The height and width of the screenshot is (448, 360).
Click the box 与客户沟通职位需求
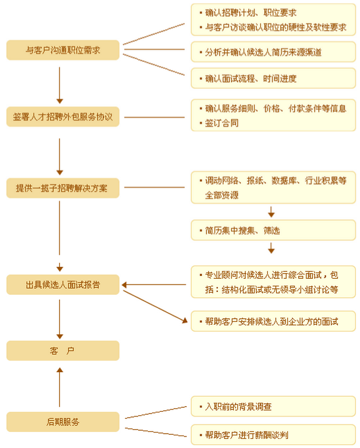tap(63, 50)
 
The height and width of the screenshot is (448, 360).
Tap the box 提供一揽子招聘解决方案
tap(63, 188)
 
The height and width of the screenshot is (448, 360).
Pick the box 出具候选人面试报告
tap(63, 284)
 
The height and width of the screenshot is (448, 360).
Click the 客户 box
tap(63, 350)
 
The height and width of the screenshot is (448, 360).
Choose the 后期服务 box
tap(63, 422)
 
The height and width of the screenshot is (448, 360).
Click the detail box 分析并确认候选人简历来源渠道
tap(273, 52)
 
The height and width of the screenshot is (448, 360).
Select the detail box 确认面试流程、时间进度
tap(273, 78)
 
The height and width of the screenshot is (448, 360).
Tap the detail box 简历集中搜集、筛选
tap(273, 231)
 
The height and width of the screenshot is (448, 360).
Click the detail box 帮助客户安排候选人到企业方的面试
tap(273, 321)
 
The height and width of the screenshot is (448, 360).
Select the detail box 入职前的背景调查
tap(273, 407)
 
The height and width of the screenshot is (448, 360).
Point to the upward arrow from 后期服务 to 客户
tap(60, 387)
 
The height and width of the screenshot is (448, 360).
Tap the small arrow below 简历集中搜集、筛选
tap(271, 249)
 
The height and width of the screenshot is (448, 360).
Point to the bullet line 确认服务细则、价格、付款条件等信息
tap(276, 108)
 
